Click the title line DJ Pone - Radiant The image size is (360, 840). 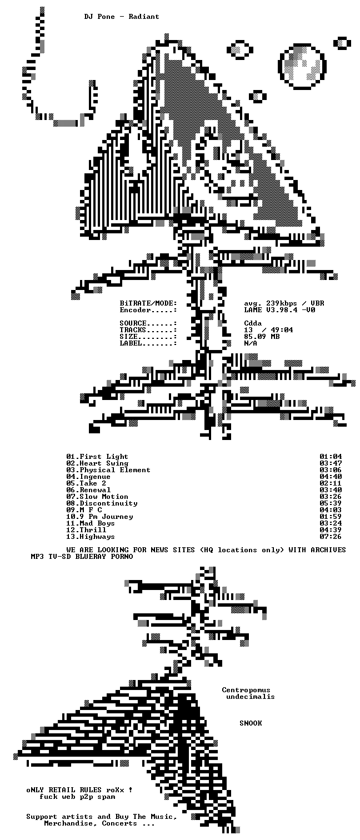click(x=122, y=17)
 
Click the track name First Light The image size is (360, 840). click(x=104, y=456)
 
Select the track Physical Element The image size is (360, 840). click(x=115, y=470)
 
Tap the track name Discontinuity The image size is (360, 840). click(x=109, y=503)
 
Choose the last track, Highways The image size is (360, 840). click(x=97, y=537)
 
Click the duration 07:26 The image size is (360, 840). click(x=331, y=537)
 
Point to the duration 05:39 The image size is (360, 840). click(x=331, y=503)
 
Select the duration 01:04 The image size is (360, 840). click(x=331, y=456)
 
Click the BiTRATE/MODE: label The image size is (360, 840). click(x=148, y=303)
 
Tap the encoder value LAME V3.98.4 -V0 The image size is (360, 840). click(x=280, y=310)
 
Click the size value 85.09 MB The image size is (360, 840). click(x=262, y=336)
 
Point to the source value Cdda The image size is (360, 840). click(x=253, y=323)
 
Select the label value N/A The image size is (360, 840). click(x=251, y=343)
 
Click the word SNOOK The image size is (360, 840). click(x=251, y=723)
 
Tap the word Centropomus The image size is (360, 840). click(x=246, y=690)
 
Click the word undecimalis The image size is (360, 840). click(x=251, y=697)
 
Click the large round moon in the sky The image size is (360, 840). click(x=302, y=66)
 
